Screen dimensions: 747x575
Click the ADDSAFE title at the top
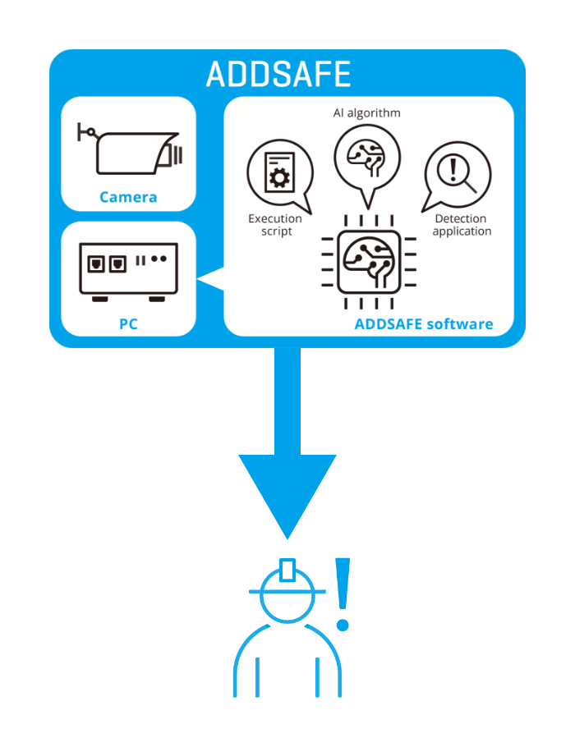[x=278, y=74]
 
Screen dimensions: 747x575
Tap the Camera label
[x=128, y=197]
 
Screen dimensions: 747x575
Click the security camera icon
[x=131, y=150]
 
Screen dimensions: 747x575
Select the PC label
[x=128, y=324]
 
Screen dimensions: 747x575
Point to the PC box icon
[x=128, y=270]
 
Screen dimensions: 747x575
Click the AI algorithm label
[x=367, y=112]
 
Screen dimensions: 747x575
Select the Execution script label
[x=275, y=225]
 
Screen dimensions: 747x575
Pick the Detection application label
[x=461, y=225]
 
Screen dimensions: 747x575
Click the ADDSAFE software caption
[x=424, y=323]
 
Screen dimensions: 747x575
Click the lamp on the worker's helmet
[x=287, y=569]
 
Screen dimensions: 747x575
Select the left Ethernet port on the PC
[x=97, y=264]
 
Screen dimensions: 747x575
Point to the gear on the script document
[x=279, y=177]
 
